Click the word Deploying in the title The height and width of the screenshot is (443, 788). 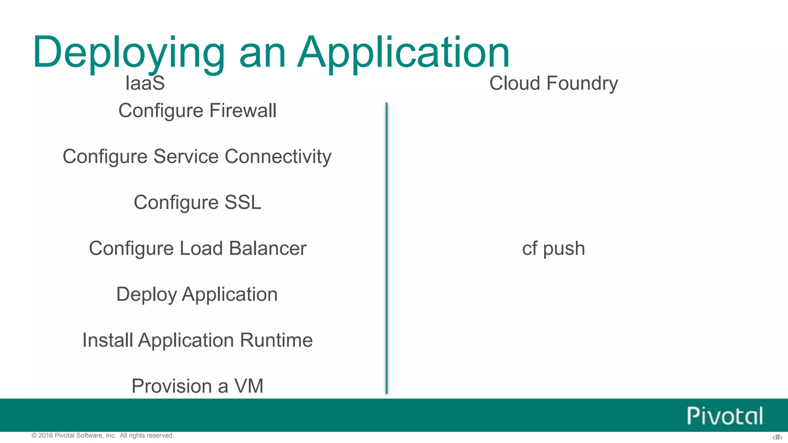pyautogui.click(x=129, y=53)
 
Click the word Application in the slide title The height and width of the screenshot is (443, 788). pyautogui.click(x=404, y=53)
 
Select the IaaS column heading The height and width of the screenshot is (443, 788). pyautogui.click(x=145, y=83)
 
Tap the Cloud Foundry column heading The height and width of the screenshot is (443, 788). pyautogui.click(x=553, y=83)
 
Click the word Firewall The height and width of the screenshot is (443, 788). pyautogui.click(x=243, y=111)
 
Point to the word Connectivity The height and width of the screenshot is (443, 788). pyautogui.click(x=278, y=157)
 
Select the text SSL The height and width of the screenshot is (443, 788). pyautogui.click(x=243, y=202)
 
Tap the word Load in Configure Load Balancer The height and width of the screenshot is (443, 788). pyautogui.click(x=201, y=248)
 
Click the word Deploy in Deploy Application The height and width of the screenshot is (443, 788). pyautogui.click(x=146, y=295)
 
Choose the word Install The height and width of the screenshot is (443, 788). pyautogui.click(x=108, y=340)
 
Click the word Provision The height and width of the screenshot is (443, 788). pyautogui.click(x=172, y=386)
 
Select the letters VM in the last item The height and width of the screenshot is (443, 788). pyautogui.click(x=249, y=386)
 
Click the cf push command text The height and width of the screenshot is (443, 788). pyautogui.click(x=553, y=248)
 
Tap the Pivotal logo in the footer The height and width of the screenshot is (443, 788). pyautogui.click(x=725, y=416)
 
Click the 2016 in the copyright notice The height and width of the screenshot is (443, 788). pyautogui.click(x=45, y=435)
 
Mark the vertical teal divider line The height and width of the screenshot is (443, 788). pyautogui.click(x=386, y=248)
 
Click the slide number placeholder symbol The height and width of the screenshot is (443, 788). pyautogui.click(x=777, y=437)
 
